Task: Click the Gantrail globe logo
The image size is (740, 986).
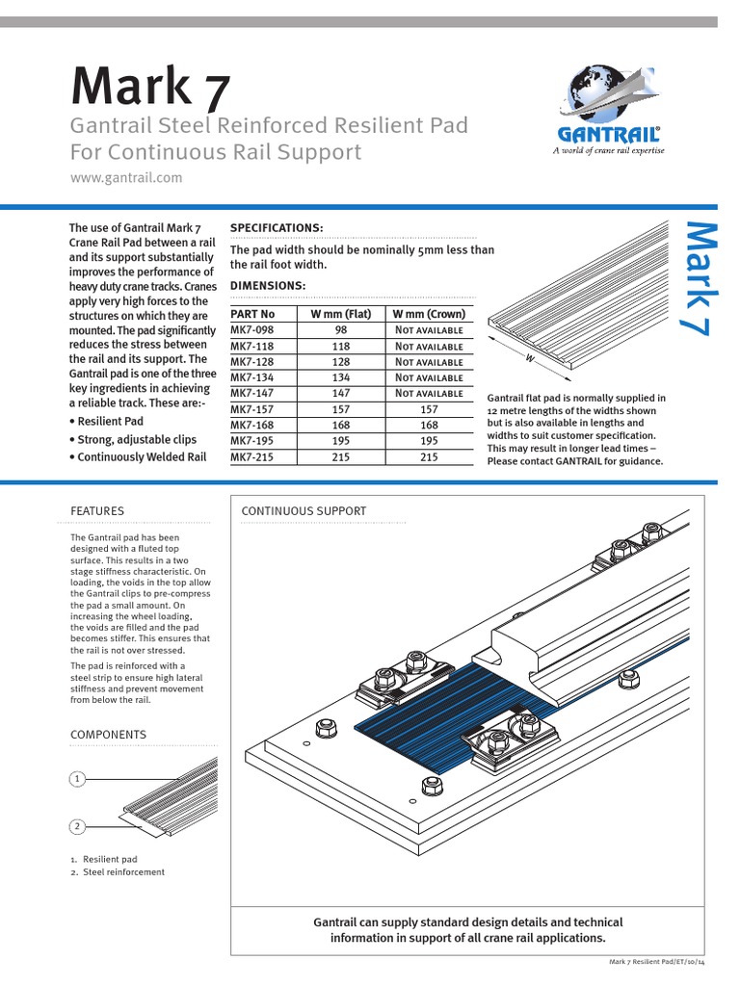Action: coord(607,95)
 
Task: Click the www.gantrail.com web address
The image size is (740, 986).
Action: coord(126,178)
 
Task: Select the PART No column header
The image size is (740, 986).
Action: coord(253,314)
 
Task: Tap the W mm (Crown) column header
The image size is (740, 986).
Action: coord(429,314)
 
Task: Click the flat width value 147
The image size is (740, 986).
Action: coord(341,394)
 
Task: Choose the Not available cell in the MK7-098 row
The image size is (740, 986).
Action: coord(429,330)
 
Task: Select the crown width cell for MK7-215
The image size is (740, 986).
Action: coord(429,458)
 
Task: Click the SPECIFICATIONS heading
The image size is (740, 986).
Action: coord(277,227)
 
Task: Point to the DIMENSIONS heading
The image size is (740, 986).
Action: coord(268,286)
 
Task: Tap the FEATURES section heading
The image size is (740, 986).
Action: coord(97,510)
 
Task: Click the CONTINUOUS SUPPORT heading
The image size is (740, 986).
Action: coord(304,510)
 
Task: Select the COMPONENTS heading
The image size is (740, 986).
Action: coord(108,735)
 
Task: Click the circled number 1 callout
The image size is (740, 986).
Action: coord(77,778)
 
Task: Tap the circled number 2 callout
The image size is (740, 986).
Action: coord(77,825)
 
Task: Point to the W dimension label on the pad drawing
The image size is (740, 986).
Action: coord(529,357)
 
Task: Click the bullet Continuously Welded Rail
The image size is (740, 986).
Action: coord(137,457)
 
